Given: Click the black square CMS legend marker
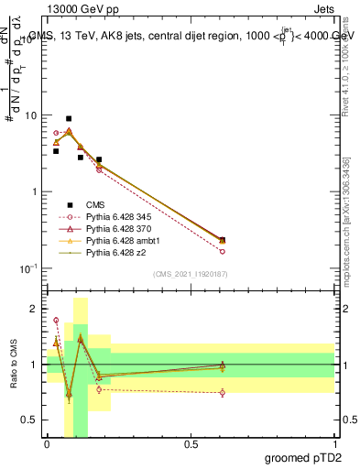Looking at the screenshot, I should pyautogui.click(x=68, y=205).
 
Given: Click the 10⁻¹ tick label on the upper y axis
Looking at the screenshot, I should pyautogui.click(x=28, y=268).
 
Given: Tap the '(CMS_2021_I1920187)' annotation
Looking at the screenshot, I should pyautogui.click(x=191, y=274).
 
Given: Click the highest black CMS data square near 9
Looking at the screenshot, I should pyautogui.click(x=69, y=119).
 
